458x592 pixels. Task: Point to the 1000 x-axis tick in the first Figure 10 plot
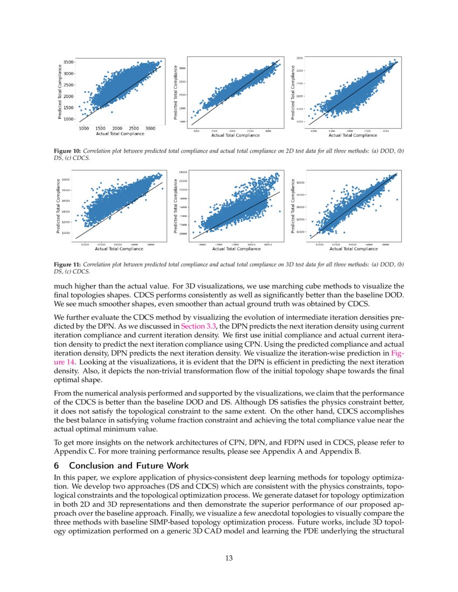point(84,129)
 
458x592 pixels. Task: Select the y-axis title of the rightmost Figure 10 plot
point(293,93)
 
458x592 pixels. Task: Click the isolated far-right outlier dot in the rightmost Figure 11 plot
point(397,199)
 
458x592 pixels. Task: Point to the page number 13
point(229,558)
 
